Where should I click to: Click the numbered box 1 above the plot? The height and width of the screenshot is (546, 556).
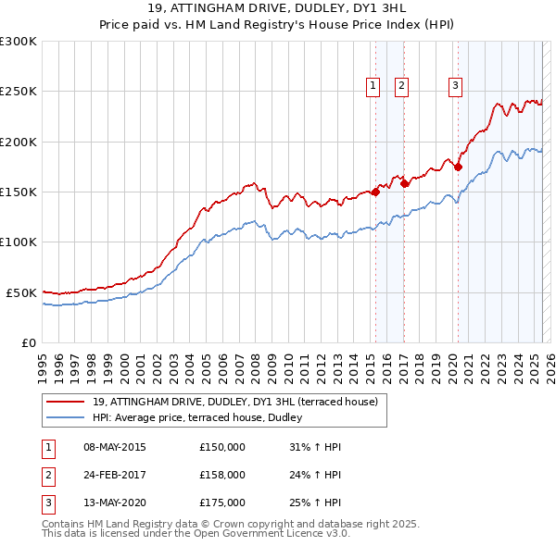click(373, 86)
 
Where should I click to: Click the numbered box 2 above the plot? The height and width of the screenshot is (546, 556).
click(401, 86)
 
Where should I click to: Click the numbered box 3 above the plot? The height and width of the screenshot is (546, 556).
click(456, 86)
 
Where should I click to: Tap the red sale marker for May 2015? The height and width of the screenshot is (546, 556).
click(375, 192)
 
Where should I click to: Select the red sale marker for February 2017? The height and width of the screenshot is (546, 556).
click(405, 184)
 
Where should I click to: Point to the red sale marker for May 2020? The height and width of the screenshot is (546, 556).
click(458, 168)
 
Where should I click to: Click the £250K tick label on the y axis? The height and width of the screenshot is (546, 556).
click(19, 92)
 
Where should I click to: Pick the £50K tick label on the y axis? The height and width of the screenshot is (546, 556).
click(21, 292)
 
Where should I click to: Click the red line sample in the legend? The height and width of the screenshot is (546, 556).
click(65, 403)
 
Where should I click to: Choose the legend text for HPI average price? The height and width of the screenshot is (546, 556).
click(204, 417)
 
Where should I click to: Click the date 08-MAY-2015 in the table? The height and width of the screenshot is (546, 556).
click(115, 448)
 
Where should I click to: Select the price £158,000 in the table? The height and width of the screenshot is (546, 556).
click(222, 476)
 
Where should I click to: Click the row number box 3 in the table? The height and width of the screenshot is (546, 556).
click(47, 503)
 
